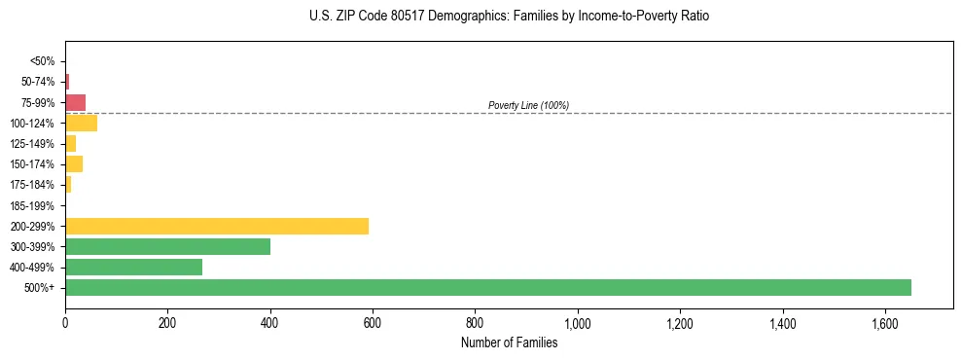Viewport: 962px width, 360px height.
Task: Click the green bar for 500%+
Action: pyautogui.click(x=487, y=287)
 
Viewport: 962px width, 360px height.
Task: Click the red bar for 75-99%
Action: pyautogui.click(x=75, y=102)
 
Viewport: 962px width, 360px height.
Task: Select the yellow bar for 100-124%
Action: pyautogui.click(x=81, y=123)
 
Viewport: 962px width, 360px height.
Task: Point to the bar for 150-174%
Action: pyautogui.click(x=74, y=163)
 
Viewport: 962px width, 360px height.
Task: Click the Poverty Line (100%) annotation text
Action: pyautogui.click(x=528, y=105)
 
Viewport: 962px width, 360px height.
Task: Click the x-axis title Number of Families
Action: pyautogui.click(x=509, y=342)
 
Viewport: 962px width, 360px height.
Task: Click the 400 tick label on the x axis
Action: pyautogui.click(x=270, y=322)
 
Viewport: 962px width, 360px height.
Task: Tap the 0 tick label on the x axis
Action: pyautogui.click(x=65, y=322)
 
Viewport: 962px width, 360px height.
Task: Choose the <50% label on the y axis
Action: pyautogui.click(x=43, y=61)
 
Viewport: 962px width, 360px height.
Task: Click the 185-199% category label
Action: pyautogui.click(x=33, y=205)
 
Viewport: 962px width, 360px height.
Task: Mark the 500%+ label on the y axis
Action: pyautogui.click(x=40, y=288)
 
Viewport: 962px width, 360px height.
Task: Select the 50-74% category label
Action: pyautogui.click(x=38, y=82)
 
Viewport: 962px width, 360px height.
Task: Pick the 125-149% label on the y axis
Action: pyautogui.click(x=33, y=144)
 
